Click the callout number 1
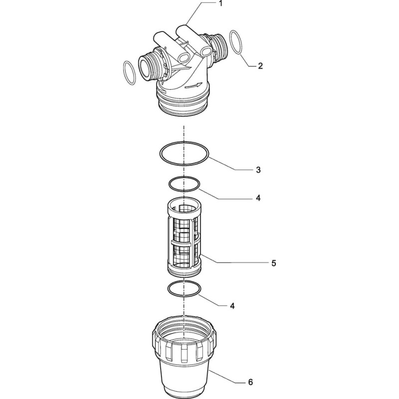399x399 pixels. coord(220,3)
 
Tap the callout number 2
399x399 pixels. coord(260,66)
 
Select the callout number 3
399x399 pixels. coord(258,170)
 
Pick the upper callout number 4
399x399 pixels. coord(258,198)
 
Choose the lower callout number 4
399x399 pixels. coord(232,306)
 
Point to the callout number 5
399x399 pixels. coord(273,263)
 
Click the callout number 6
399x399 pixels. coord(251,382)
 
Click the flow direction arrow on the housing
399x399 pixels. coord(194,86)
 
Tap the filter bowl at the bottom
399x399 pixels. coord(185,356)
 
